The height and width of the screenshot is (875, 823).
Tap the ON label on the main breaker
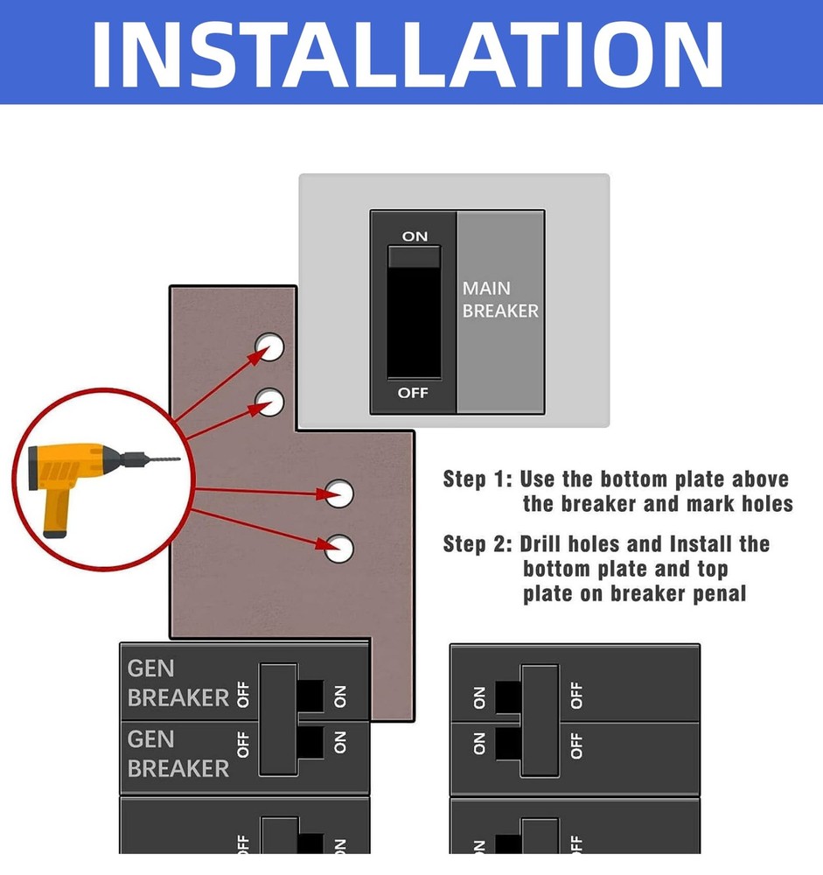point(415,236)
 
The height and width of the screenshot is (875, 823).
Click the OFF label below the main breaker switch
point(413,393)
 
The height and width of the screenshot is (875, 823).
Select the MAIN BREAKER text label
point(500,299)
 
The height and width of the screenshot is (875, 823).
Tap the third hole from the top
point(339,493)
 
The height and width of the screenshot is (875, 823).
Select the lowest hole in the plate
point(339,548)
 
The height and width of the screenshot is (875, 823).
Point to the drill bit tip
point(178,458)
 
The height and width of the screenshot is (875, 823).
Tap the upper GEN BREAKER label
point(178,683)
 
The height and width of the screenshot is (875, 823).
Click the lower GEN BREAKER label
point(178,754)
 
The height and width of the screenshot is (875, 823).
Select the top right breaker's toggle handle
point(540,719)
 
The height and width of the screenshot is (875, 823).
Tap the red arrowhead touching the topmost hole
point(261,353)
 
